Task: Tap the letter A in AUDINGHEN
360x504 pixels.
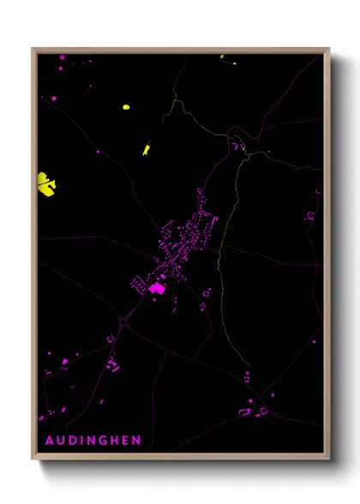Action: pyautogui.click(x=48, y=441)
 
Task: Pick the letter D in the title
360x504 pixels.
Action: pyautogui.click(x=72, y=441)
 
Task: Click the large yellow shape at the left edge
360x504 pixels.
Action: pyautogui.click(x=46, y=183)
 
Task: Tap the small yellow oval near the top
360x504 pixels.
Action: pyautogui.click(x=125, y=107)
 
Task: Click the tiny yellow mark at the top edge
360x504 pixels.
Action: pyautogui.click(x=222, y=57)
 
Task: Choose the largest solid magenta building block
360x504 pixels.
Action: pyautogui.click(x=156, y=291)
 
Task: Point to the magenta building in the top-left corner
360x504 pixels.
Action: pyautogui.click(x=61, y=58)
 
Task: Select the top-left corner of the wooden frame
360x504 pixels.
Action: pyautogui.click(x=33, y=50)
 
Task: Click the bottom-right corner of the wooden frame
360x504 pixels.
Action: pyautogui.click(x=328, y=457)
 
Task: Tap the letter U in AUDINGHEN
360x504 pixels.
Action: pyautogui.click(x=60, y=441)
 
